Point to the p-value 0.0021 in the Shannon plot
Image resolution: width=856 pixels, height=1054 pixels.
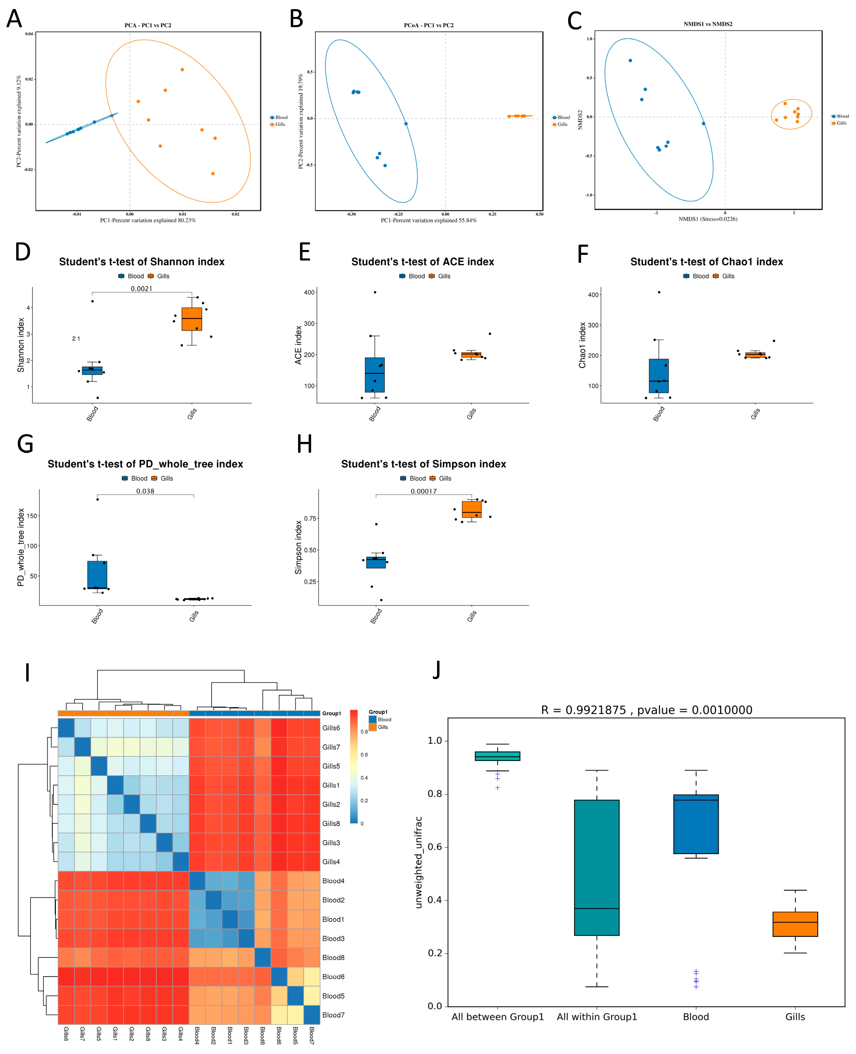point(142,289)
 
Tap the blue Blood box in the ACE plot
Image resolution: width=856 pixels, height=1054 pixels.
point(375,375)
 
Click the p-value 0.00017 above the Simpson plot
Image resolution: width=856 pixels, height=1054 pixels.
point(423,491)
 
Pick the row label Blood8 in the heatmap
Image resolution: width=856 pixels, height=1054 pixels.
point(333,957)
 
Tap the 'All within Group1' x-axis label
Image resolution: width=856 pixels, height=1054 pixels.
point(597,1017)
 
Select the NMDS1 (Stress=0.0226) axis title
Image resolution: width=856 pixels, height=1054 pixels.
point(708,219)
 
